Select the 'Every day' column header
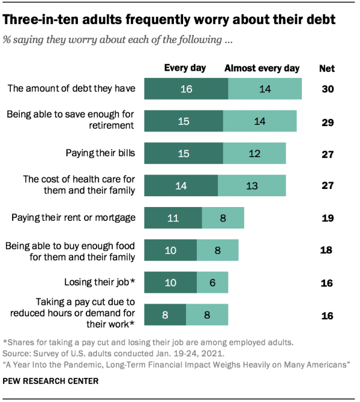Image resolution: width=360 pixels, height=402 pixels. pyautogui.click(x=184, y=68)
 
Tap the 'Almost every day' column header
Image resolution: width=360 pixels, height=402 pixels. pyautogui.click(x=262, y=68)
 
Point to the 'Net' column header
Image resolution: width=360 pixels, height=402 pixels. pyautogui.click(x=326, y=68)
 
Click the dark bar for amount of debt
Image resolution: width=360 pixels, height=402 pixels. pyautogui.click(x=186, y=89)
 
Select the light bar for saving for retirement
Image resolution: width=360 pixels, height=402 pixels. pyautogui.click(x=260, y=121)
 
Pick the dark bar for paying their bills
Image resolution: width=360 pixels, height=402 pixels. pyautogui.click(x=184, y=154)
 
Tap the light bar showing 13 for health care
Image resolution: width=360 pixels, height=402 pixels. pyautogui.click(x=252, y=185)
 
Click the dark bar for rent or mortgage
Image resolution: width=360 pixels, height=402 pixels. pyautogui.click(x=173, y=218)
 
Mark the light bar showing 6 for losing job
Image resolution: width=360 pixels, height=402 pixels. pyautogui.click(x=212, y=282)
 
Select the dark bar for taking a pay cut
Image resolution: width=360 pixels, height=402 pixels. pyautogui.click(x=165, y=314)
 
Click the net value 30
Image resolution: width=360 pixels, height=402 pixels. pyautogui.click(x=327, y=89)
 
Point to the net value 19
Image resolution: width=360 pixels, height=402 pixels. pyautogui.click(x=327, y=218)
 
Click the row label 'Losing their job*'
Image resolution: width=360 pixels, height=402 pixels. pyautogui.click(x=99, y=282)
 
